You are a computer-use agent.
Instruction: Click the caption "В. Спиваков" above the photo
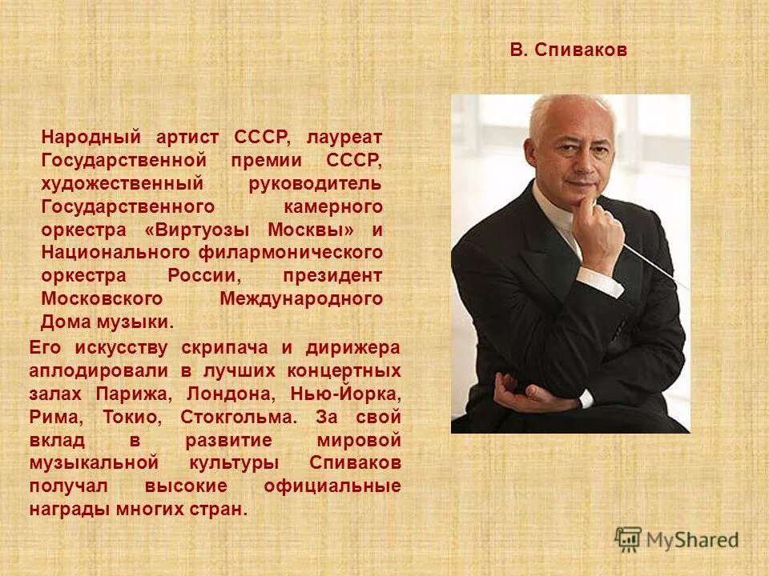click(x=569, y=50)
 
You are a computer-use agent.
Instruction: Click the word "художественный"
click(x=104, y=184)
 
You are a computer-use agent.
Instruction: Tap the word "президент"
click(x=332, y=276)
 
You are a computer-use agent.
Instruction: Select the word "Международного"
click(x=300, y=299)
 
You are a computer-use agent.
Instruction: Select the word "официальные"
click(x=332, y=487)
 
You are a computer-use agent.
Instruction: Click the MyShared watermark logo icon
click(x=629, y=538)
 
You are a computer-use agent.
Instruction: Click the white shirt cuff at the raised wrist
click(x=609, y=284)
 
